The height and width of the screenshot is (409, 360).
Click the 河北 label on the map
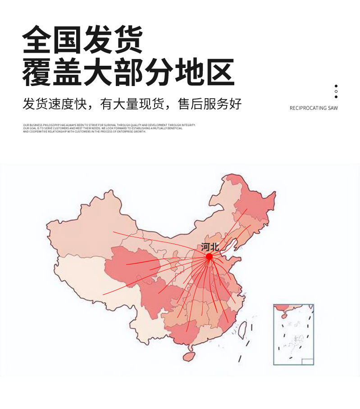point(210,247)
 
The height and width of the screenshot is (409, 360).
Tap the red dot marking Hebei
point(209,256)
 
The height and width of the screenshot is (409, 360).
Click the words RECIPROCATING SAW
point(314,108)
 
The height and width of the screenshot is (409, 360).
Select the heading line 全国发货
point(83,40)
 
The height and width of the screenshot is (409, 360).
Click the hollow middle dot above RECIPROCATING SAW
point(336,91)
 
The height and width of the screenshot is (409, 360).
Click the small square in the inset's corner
point(307,361)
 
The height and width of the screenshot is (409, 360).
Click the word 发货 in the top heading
point(112,40)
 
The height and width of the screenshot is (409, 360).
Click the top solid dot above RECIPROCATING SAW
point(336,86)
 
